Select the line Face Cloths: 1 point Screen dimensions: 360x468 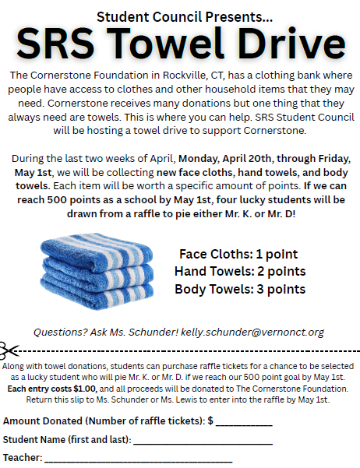click(x=238, y=255)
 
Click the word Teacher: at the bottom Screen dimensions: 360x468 click(x=23, y=459)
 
